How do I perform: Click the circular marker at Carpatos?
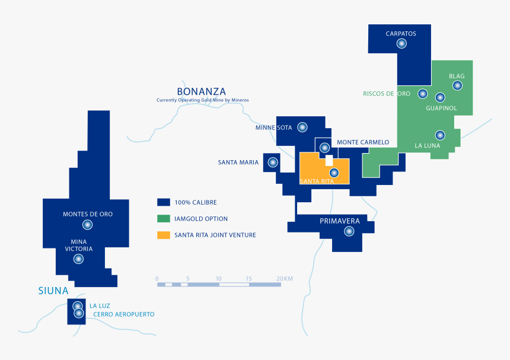coord(401,43)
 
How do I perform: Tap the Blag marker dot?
coord(457,85)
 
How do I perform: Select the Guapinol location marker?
coord(440,97)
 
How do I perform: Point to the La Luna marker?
coord(439,135)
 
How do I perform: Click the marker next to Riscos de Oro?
coord(422,94)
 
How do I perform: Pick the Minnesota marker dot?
coord(302,127)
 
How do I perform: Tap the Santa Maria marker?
coord(273,162)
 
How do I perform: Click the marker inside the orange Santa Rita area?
coord(334,173)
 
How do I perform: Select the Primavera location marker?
coord(349,232)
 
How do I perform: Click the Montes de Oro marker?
coord(88,225)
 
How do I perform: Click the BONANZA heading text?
coord(201,91)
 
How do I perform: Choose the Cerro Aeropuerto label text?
coord(123,314)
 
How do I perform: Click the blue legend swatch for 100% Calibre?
coord(164,202)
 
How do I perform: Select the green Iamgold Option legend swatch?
coord(164,219)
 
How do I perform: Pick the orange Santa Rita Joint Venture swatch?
coord(164,235)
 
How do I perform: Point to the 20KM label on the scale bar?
coord(285,278)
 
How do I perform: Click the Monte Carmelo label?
coord(363,142)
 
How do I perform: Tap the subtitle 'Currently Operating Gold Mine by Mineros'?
coord(203,100)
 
